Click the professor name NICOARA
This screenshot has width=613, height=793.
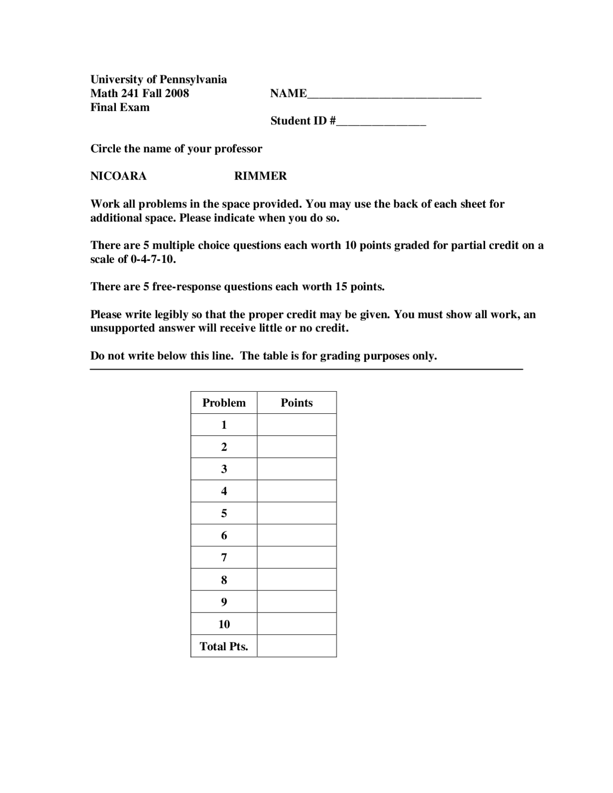[118, 176]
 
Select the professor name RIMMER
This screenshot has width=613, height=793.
[260, 176]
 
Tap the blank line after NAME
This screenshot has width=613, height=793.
[394, 94]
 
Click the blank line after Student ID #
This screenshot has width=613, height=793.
[381, 121]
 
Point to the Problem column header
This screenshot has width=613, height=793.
[224, 403]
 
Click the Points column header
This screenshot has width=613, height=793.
[296, 403]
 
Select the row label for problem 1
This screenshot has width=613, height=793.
[224, 425]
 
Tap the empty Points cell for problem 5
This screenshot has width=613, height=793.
[296, 513]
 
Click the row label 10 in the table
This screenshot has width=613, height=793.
[224, 624]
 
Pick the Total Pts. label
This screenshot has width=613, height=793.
[224, 646]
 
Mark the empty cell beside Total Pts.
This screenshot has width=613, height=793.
[296, 646]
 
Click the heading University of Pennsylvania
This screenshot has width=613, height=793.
[159, 79]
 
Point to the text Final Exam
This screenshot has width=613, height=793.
[120, 107]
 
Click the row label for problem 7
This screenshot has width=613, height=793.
[224, 557]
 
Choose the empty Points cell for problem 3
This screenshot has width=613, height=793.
[296, 469]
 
